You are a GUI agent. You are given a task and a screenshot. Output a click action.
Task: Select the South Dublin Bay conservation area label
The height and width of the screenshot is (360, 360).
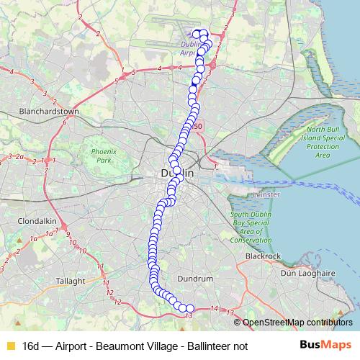(251, 227)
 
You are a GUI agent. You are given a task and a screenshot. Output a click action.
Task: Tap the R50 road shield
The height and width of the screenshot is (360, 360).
(198, 127)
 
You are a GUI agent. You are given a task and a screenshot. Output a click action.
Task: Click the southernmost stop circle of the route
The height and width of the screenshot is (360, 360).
(190, 309)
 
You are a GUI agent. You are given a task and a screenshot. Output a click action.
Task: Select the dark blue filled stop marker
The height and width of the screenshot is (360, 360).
(193, 89)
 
